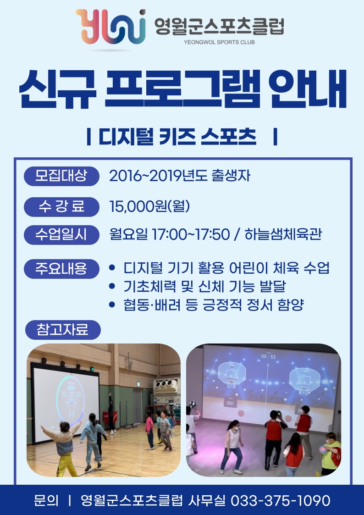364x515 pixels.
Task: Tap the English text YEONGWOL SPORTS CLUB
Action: click(219, 42)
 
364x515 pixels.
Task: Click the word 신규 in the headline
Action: click(57, 89)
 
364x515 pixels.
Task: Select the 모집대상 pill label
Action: click(61, 176)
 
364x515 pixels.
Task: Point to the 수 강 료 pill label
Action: click(61, 207)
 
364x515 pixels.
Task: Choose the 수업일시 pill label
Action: click(61, 235)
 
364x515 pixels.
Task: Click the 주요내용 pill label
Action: click(61, 269)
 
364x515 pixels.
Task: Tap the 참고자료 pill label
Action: click(63, 330)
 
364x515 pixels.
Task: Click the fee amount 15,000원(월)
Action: click(149, 206)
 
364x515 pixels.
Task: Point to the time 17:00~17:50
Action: click(191, 234)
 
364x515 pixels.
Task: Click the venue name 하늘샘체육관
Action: click(283, 234)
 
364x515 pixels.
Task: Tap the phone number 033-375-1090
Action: click(281, 500)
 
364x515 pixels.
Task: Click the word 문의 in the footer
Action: click(46, 500)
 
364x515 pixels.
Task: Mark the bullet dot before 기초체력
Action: click(112, 287)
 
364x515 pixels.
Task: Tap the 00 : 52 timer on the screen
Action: click(269, 357)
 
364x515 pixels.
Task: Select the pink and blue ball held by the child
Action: click(324, 449)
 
